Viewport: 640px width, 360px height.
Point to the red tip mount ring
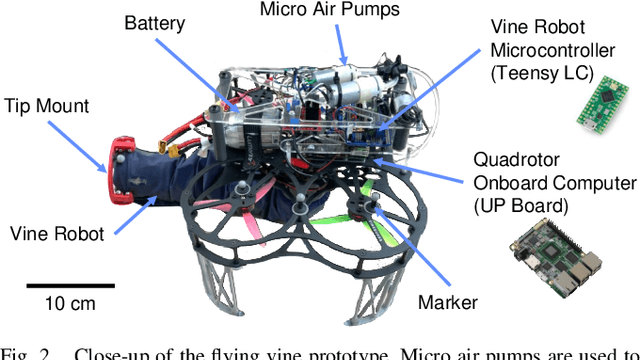coord(115,166)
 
